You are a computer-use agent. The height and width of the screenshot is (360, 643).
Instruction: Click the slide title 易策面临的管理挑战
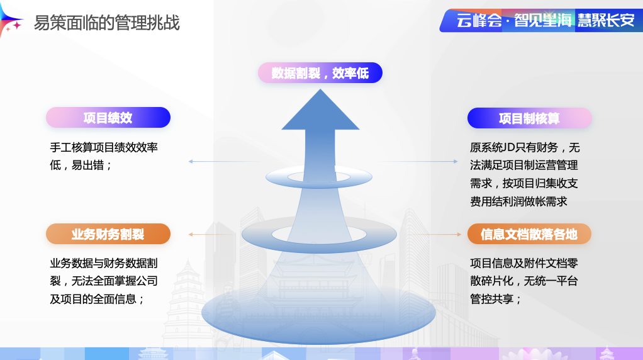[x=106, y=23]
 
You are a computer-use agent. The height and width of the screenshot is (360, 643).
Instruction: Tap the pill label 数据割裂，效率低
[x=320, y=73]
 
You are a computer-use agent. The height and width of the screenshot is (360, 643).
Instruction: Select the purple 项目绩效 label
[x=108, y=118]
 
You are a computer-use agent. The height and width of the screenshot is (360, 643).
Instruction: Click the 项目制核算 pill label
[x=529, y=118]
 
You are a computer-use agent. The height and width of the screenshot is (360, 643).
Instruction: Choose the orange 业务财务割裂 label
[x=108, y=234]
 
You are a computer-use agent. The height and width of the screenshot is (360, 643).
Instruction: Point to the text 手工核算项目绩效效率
[x=103, y=148]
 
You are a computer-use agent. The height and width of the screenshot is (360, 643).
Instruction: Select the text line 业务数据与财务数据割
[x=103, y=263]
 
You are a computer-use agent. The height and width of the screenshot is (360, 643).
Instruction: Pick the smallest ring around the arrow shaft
[x=319, y=178]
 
